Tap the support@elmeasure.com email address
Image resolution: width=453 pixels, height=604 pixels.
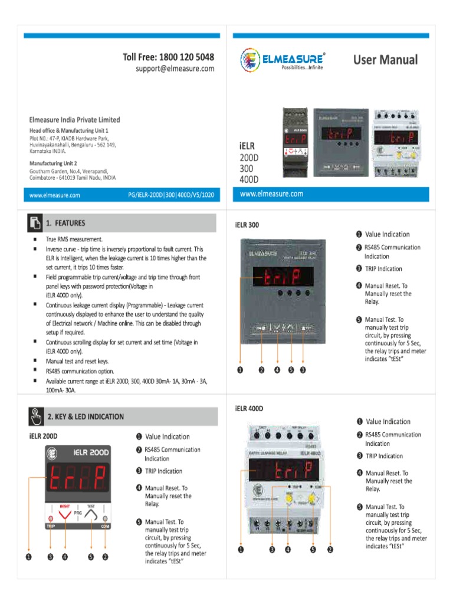point(175,69)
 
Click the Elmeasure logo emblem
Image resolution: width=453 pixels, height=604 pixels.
point(250,60)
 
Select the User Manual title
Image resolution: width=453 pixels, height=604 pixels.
point(385,60)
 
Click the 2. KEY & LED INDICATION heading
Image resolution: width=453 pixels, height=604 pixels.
point(86,416)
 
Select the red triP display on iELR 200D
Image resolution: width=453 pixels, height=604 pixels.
point(77,480)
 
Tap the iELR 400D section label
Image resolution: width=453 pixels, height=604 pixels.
point(248,408)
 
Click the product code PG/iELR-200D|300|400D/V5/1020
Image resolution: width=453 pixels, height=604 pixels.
point(170,194)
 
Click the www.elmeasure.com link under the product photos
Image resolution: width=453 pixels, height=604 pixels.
point(272,193)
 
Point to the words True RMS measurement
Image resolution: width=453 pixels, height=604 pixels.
point(74,239)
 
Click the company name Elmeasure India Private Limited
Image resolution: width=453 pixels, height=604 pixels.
point(74,120)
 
